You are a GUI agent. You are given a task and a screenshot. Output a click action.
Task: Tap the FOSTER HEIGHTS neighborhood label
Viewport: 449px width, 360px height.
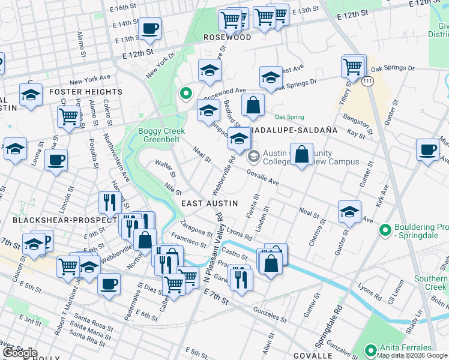pyautogui.click(x=85, y=92)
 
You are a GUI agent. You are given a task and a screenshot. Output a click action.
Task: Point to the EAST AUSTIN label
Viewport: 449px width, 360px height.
pyautogui.click(x=206, y=204)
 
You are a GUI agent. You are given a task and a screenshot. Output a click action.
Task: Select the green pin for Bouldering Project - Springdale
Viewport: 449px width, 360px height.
pyautogui.click(x=385, y=229)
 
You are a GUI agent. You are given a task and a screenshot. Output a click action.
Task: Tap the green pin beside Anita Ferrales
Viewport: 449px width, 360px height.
pyautogui.click(x=372, y=349)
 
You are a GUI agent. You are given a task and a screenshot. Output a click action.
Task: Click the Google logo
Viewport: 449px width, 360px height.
pyautogui.click(x=20, y=353)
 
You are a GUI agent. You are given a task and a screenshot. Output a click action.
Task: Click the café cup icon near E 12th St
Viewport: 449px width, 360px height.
pyautogui.click(x=149, y=28)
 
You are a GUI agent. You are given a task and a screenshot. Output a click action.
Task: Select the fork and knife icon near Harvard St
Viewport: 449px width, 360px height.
pyautogui.click(x=109, y=202)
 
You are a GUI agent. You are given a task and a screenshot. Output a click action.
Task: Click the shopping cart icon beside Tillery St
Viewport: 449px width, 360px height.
pyautogui.click(x=353, y=66)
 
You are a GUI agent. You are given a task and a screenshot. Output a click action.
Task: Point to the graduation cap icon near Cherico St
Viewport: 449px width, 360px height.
pyautogui.click(x=349, y=211)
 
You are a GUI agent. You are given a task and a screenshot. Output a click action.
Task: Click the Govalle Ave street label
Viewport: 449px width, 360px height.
pyautogui.click(x=264, y=178)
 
